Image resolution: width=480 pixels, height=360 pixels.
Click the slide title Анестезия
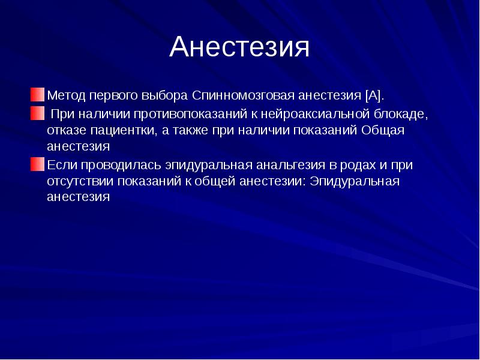(x=239, y=47)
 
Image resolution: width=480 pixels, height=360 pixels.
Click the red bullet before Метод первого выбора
(x=38, y=95)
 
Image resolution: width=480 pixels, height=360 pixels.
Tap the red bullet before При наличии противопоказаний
(x=38, y=113)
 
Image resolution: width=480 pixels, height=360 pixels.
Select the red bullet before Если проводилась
(x=38, y=164)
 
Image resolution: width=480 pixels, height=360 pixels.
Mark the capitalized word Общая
(x=383, y=130)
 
